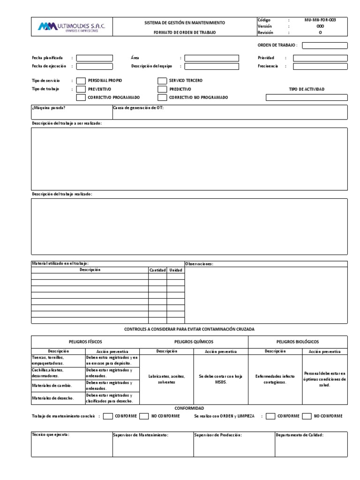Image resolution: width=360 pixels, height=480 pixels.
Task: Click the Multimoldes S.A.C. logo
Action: click(x=71, y=27)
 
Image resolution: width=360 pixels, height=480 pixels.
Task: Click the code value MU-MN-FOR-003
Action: click(x=320, y=20)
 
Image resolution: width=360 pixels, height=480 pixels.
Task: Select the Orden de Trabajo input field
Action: click(x=325, y=45)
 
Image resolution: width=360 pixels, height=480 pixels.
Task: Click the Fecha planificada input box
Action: click(x=94, y=58)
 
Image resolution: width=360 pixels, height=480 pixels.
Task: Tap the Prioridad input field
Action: click(x=320, y=58)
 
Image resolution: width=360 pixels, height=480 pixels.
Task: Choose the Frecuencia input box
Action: click(x=320, y=67)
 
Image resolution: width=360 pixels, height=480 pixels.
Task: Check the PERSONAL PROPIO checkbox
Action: click(x=81, y=81)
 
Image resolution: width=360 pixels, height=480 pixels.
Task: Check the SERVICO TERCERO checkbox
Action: click(x=162, y=81)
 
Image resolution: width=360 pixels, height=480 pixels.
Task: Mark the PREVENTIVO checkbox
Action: click(x=81, y=89)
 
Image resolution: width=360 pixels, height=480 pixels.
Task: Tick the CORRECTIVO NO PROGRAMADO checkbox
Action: click(x=162, y=97)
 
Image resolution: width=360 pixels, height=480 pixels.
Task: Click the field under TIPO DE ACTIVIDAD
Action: click(x=307, y=97)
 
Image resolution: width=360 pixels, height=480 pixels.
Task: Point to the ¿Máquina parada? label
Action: click(x=49, y=108)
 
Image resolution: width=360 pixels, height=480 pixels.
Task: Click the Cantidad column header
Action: click(x=157, y=270)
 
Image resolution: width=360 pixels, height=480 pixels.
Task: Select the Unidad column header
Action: click(x=176, y=270)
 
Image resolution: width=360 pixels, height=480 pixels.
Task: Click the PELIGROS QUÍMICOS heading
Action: click(x=194, y=342)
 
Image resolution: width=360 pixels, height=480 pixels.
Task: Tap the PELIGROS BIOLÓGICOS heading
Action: click(x=298, y=342)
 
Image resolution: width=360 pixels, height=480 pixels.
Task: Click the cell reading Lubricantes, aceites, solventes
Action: click(x=166, y=379)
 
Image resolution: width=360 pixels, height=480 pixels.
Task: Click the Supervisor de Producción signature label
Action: click(x=218, y=435)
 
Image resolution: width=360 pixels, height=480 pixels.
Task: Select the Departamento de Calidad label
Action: click(x=300, y=435)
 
